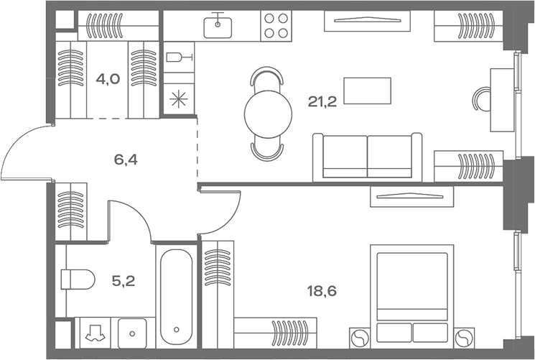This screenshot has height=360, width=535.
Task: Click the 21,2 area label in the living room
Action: [x=322, y=101]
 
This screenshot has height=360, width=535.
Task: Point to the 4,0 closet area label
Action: [x=108, y=79]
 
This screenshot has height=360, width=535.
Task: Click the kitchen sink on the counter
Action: [x=218, y=27]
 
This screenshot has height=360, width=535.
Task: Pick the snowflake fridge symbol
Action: [x=176, y=98]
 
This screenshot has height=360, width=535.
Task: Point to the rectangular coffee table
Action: [x=367, y=91]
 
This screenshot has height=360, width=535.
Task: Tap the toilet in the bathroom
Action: [x=78, y=277]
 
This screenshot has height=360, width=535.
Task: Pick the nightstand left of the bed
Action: [x=358, y=337]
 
